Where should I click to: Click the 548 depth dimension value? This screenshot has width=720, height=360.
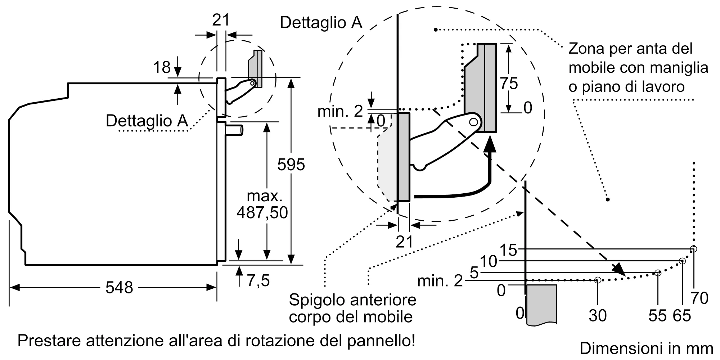[x=119, y=287]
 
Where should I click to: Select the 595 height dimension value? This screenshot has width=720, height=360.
[x=291, y=165]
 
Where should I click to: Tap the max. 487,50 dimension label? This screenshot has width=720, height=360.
[x=262, y=204]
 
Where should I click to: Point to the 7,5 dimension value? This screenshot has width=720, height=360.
[x=258, y=280]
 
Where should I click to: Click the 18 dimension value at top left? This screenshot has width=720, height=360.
[x=162, y=67]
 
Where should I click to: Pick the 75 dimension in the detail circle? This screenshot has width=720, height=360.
[x=509, y=83]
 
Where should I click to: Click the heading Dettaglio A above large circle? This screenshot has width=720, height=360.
[x=321, y=22]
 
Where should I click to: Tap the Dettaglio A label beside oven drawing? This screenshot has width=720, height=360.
[x=147, y=120]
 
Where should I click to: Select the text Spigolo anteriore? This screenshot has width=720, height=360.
[x=352, y=300]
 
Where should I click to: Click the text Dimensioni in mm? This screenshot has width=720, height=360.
[x=646, y=348]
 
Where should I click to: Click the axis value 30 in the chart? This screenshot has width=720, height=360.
[x=598, y=315]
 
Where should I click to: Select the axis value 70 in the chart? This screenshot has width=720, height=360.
[x=699, y=298]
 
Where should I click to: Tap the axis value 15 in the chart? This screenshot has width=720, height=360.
[x=508, y=250]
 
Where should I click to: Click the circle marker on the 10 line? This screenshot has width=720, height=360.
[x=682, y=261]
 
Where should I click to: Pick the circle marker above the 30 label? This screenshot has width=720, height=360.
[x=598, y=280]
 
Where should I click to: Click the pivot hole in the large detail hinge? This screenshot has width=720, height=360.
[x=474, y=122]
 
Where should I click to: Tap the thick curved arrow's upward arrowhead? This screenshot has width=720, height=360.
[x=490, y=146]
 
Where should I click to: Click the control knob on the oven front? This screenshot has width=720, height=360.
[x=235, y=130]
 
